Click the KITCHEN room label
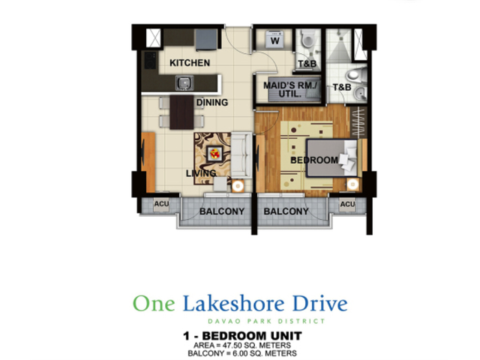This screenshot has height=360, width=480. click(190, 63)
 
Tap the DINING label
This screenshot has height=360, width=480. click(212, 102)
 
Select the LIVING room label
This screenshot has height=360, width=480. click(201, 173)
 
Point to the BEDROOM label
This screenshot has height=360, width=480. click(314, 160)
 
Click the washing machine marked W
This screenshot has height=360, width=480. click(275, 40)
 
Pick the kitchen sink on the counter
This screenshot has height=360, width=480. click(184, 82)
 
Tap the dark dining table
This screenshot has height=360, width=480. click(181, 112)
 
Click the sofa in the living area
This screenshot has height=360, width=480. click(241, 155)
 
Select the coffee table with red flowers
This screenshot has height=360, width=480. click(214, 153)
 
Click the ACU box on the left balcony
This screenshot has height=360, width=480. click(161, 204)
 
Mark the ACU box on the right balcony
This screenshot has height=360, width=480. click(347, 204)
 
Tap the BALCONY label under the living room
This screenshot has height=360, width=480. click(222, 211)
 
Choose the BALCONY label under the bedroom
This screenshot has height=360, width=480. click(286, 211)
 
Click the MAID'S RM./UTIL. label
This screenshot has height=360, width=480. click(289, 89)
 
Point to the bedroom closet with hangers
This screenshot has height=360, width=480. click(358, 122)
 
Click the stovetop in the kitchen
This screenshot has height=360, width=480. click(150, 60)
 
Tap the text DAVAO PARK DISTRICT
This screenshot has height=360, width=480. click(266, 321)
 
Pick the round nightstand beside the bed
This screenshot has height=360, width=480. click(352, 184)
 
